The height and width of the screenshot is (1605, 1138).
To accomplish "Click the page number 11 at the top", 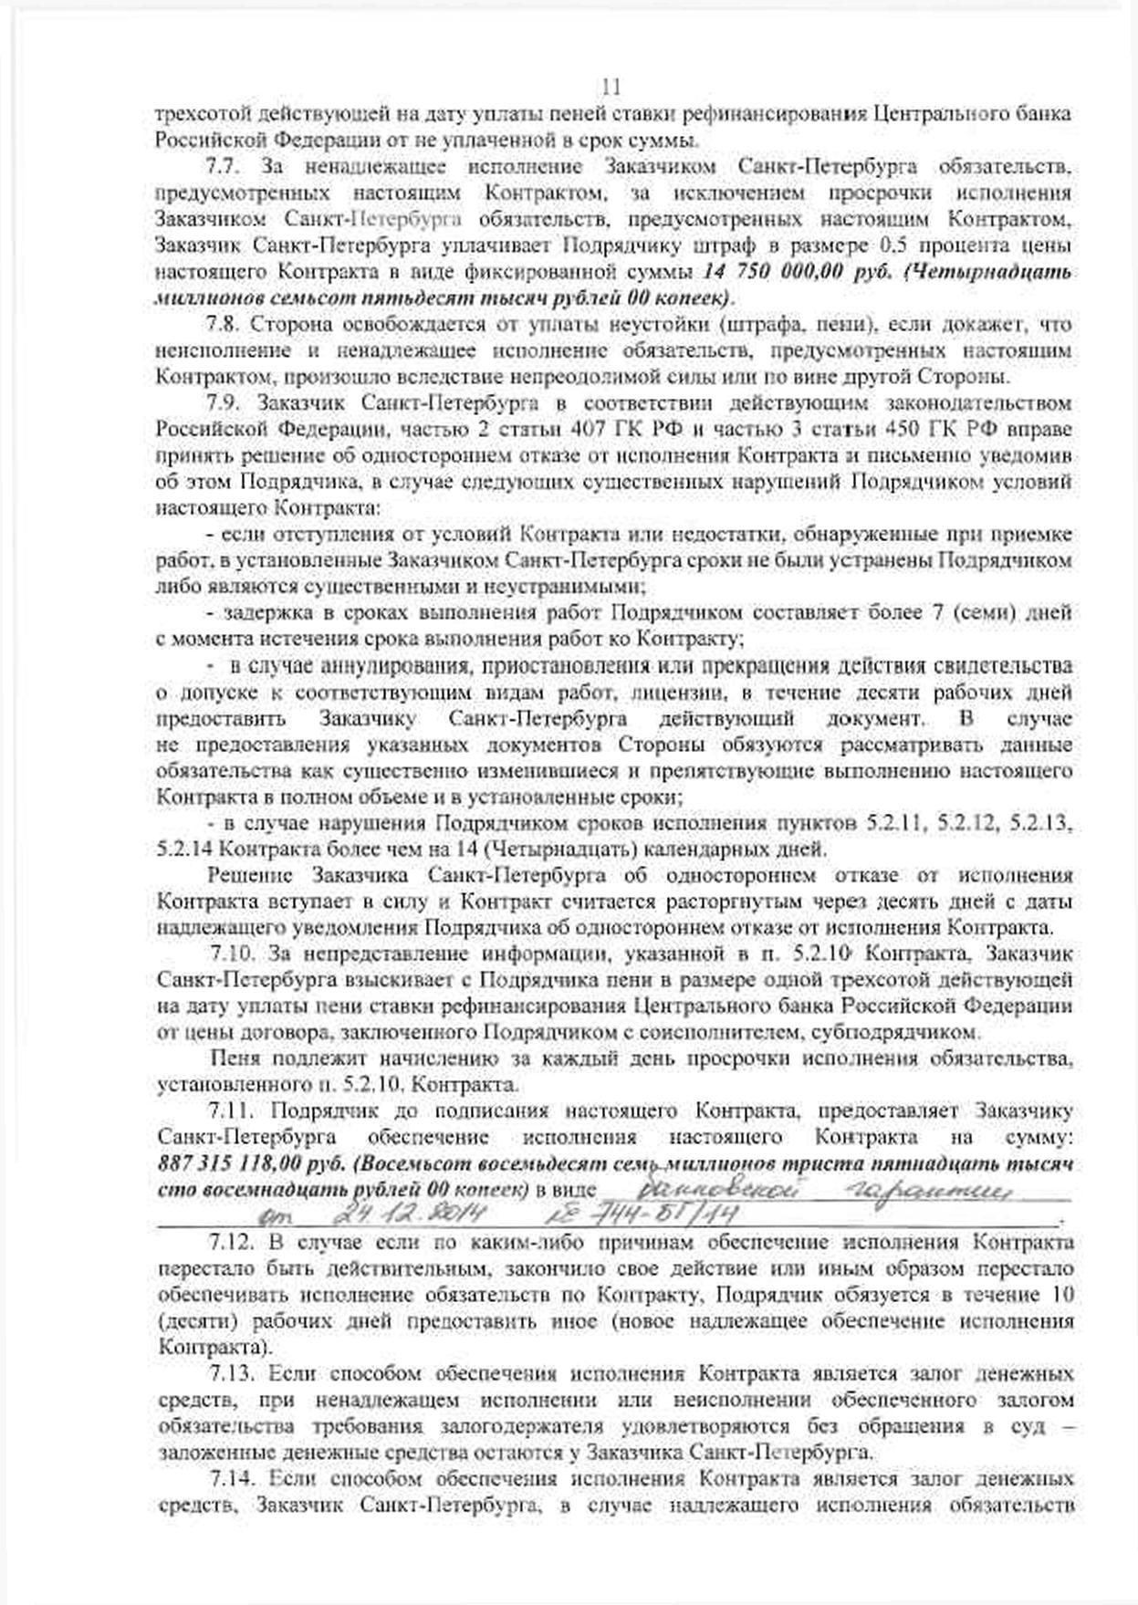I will click(x=611, y=88).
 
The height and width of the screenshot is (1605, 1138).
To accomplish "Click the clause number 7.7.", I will click(x=224, y=167).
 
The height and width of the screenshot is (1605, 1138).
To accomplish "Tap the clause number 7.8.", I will click(x=224, y=325).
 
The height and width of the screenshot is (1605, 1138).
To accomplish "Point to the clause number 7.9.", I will click(x=224, y=403).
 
